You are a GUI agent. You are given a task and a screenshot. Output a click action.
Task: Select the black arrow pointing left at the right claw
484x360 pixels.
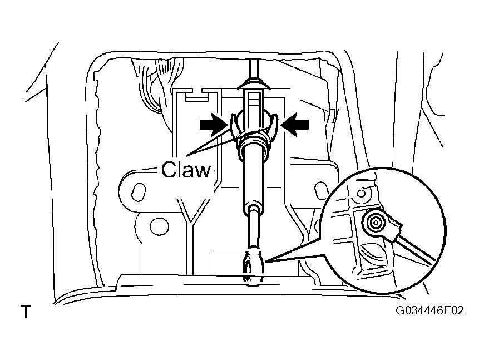(294, 125)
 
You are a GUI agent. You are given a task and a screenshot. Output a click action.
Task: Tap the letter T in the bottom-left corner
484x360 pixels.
(26, 312)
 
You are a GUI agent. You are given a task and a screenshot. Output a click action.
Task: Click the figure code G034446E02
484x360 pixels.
(429, 310)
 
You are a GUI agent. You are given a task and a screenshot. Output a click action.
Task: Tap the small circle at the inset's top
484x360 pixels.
(362, 194)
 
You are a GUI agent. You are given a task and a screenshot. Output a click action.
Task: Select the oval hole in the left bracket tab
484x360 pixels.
(139, 192)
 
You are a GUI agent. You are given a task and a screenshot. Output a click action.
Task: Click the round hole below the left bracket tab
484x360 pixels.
(159, 226)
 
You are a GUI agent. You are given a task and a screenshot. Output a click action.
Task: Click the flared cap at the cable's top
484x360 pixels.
(254, 84)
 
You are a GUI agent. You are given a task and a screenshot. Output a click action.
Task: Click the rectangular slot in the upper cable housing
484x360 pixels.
(254, 103)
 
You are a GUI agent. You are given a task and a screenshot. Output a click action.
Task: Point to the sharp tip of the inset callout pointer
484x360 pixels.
(265, 262)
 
